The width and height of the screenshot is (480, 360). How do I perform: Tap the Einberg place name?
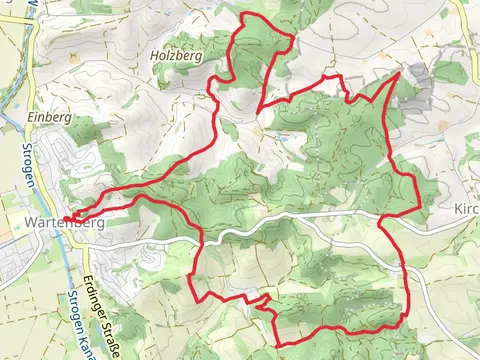49,117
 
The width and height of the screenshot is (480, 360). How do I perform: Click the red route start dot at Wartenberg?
67,218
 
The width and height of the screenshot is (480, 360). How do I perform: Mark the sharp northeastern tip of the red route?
399,73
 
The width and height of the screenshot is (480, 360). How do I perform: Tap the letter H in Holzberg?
154,57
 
